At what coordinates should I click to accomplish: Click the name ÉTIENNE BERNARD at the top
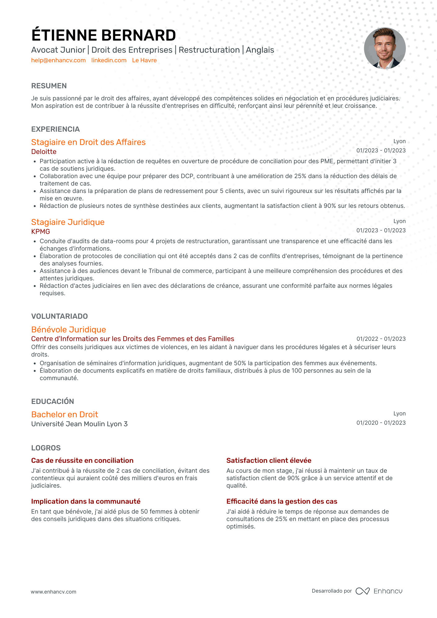[104, 35]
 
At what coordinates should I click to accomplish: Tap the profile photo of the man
[385, 48]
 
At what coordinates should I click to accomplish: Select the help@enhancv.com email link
[58, 60]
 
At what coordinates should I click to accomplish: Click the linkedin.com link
[109, 60]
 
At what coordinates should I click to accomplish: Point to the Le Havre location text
[144, 60]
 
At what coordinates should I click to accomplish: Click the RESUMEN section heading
[49, 86]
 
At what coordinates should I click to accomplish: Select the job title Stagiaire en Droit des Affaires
[88, 142]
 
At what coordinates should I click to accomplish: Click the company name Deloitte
[44, 152]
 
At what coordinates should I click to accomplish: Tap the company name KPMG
[41, 232]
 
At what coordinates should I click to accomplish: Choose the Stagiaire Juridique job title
[68, 222]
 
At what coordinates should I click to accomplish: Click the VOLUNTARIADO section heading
[60, 316]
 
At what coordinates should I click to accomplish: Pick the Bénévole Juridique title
[68, 330]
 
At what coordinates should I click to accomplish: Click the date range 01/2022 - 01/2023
[381, 339]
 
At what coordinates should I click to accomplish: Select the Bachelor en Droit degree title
[64, 414]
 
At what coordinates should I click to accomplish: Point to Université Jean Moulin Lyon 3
[79, 424]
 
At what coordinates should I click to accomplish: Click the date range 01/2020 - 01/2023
[381, 423]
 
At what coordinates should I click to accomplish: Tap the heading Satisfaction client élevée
[269, 461]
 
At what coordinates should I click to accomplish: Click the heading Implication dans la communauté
[86, 502]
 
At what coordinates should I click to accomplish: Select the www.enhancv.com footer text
[53, 592]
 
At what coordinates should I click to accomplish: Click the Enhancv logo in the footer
[379, 591]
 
